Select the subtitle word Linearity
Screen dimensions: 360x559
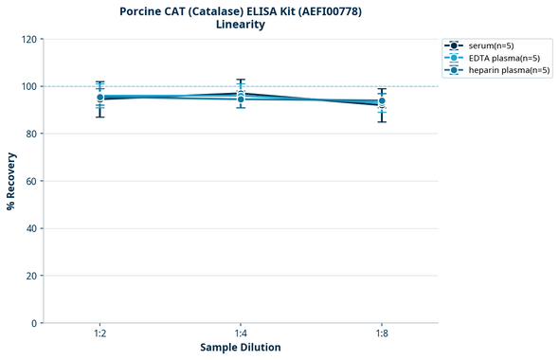[x=241, y=25]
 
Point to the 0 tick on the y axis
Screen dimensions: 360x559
[x=34, y=323]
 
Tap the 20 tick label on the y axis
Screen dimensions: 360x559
[x=31, y=276]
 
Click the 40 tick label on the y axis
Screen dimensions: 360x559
[x=31, y=228]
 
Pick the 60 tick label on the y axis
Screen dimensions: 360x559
[x=31, y=181]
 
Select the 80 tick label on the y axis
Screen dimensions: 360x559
[x=31, y=134]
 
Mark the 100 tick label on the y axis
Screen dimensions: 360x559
[x=28, y=86]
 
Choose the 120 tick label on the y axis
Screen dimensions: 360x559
[x=28, y=39]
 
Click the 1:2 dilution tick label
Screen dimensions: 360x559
[x=99, y=333]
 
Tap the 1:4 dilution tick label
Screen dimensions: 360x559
[x=241, y=333]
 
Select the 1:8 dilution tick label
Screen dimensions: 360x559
[x=382, y=333]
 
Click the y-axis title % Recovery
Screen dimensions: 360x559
[x=11, y=181]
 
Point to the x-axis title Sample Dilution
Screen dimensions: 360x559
[x=241, y=348]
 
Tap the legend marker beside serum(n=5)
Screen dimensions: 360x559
[x=455, y=45]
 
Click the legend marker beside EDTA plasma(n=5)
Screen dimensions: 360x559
[x=455, y=58]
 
